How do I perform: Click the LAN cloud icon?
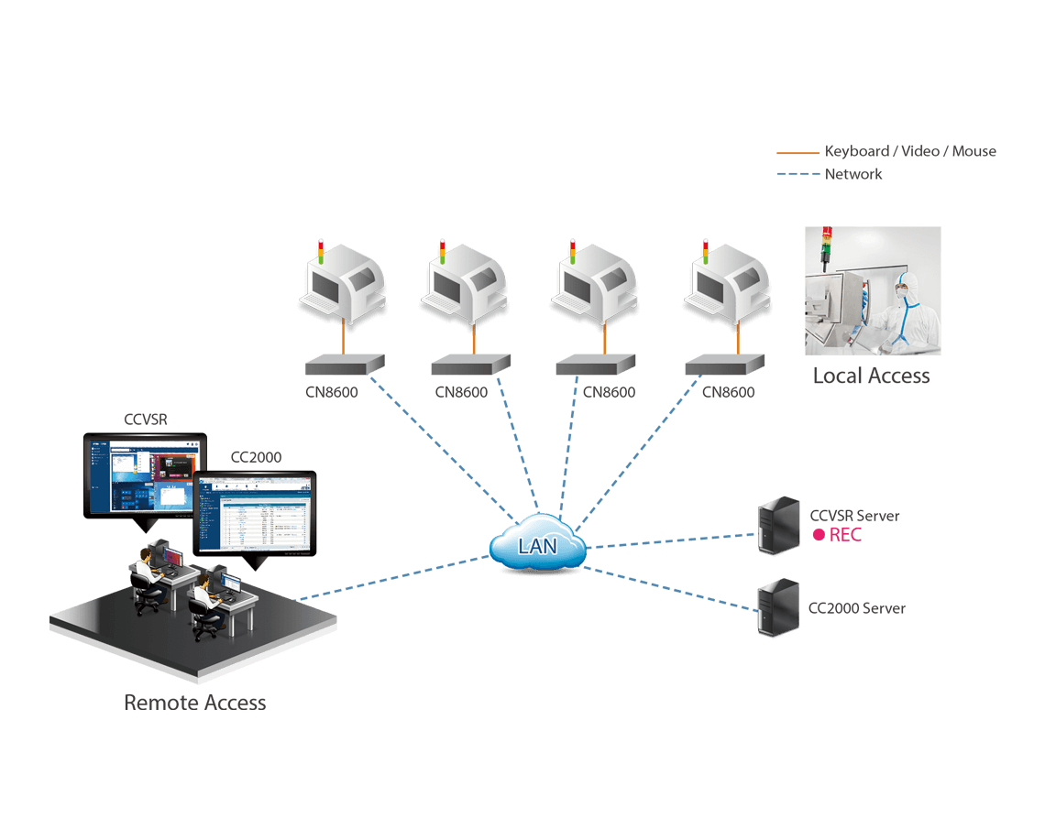click(537, 546)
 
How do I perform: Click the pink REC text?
click(845, 535)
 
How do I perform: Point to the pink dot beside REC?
click(819, 536)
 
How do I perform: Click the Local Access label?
click(871, 376)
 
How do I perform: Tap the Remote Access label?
click(194, 703)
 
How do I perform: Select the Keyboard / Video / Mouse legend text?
click(910, 151)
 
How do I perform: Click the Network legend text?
click(853, 174)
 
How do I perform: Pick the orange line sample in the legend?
click(797, 152)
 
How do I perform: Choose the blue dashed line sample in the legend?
click(797, 174)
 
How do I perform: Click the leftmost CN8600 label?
click(332, 392)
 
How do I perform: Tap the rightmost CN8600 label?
click(728, 392)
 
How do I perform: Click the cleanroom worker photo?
click(872, 290)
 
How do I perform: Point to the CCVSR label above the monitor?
click(146, 420)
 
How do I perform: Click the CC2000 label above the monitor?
click(256, 457)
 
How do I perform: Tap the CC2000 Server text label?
click(856, 608)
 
